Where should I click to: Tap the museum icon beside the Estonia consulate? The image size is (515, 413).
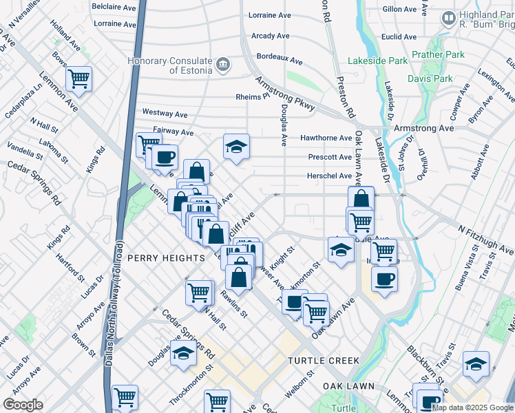[223, 65]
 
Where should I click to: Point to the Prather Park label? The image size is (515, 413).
[439, 54]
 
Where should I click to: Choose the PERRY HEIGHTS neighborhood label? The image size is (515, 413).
[166, 257]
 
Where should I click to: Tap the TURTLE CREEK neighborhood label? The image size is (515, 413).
[324, 361]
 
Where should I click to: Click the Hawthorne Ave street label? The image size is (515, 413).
[326, 138]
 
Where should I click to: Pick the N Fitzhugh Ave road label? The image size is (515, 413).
[486, 234]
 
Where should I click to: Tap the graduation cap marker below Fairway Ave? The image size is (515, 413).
[236, 147]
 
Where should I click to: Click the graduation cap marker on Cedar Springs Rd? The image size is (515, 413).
[183, 354]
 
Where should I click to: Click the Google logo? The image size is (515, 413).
[23, 405]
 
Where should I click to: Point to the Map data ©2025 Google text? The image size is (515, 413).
[472, 407]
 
